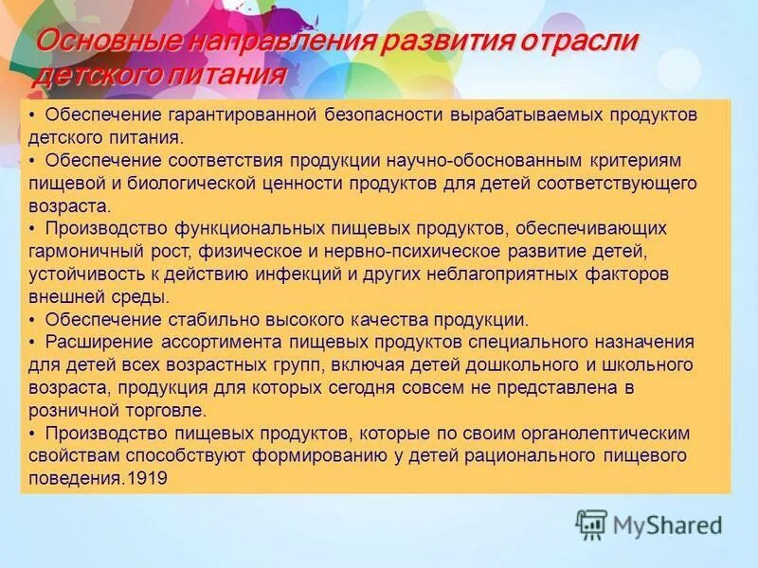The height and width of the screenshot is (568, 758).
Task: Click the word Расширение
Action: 91,342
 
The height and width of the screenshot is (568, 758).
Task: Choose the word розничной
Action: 72,410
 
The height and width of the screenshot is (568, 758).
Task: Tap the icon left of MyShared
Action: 591,524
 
